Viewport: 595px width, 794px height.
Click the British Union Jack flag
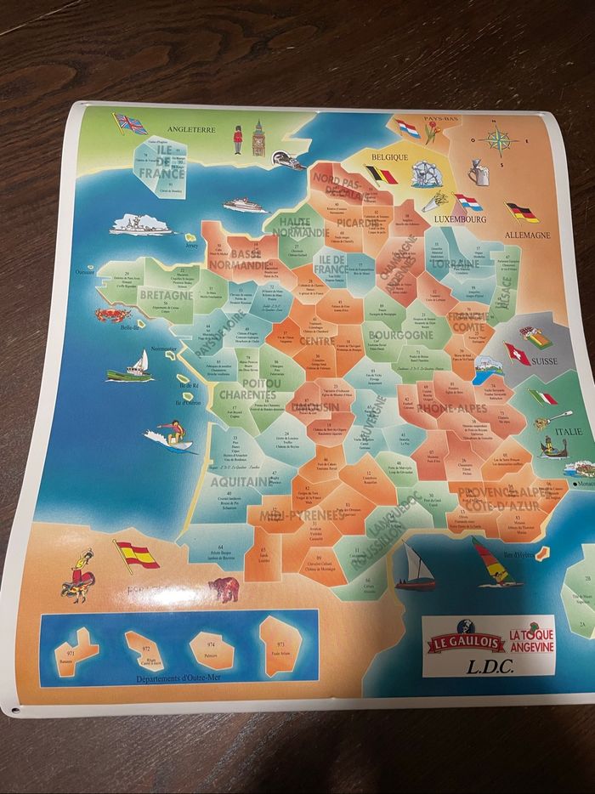click(x=130, y=124)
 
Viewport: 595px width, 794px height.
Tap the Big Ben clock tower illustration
click(x=259, y=139)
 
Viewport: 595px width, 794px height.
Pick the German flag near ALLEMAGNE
click(x=522, y=212)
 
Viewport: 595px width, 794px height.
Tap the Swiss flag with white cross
click(x=516, y=353)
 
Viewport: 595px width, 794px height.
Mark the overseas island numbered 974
click(x=210, y=648)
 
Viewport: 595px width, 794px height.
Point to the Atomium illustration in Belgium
click(x=422, y=174)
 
